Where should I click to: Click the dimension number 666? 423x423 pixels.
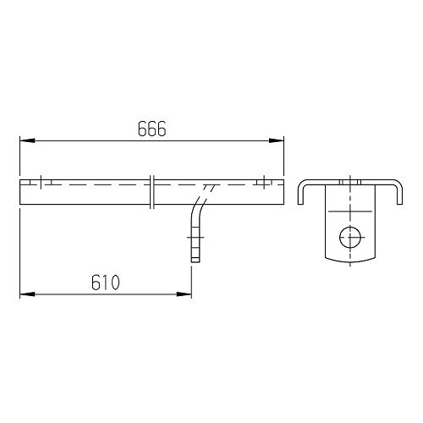[151, 129]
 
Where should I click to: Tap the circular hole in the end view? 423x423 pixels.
[349, 237]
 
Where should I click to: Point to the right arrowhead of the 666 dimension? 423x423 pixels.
[278, 140]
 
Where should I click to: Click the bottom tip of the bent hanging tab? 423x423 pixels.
[196, 262]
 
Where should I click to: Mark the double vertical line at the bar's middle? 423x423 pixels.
[151, 190]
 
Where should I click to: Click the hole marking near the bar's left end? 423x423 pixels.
[40, 182]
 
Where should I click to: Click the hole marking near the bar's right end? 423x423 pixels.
[265, 181]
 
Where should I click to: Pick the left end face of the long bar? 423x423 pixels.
[20, 190]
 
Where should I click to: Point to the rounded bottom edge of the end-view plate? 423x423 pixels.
[349, 259]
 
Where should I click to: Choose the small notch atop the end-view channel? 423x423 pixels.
[349, 181]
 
